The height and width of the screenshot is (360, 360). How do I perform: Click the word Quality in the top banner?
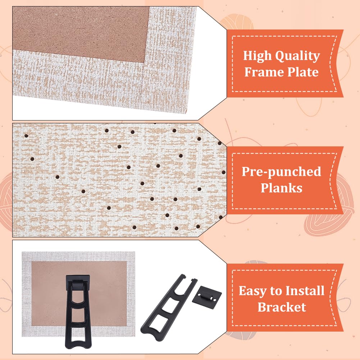click(297, 56)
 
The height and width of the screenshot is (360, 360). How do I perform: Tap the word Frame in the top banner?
click(264, 72)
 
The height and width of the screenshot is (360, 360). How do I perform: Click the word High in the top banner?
click(258, 55)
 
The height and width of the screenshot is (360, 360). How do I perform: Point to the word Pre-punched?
click(281, 172)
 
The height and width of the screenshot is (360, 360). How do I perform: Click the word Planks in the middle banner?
click(281, 188)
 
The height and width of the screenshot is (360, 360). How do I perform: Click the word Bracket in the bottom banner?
click(282, 307)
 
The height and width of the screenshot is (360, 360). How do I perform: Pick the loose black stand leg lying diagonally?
click(169, 307)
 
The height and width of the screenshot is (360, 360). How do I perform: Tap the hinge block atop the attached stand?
click(78, 280)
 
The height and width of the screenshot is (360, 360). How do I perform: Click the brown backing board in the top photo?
click(80, 33)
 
